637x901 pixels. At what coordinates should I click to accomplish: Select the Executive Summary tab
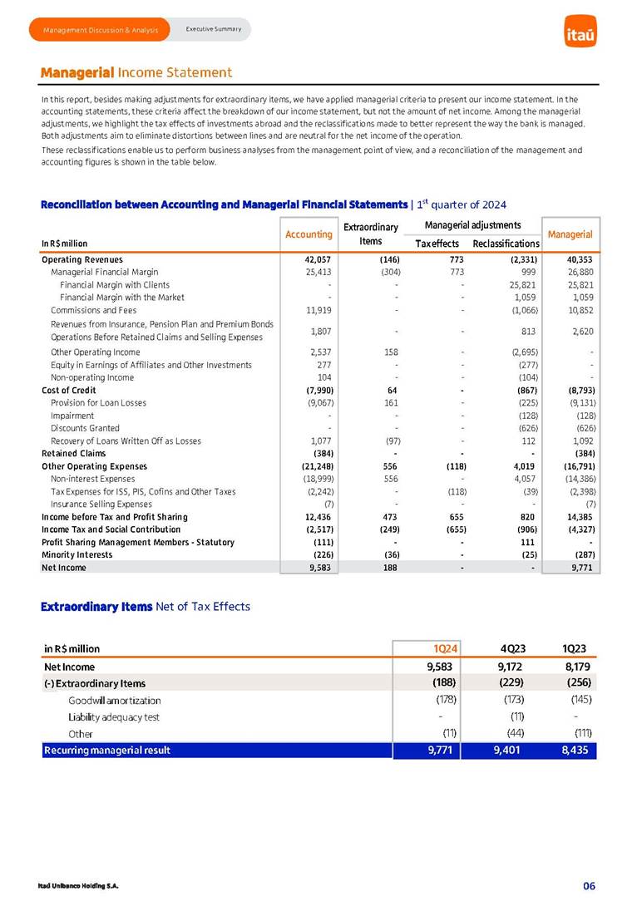tap(213, 29)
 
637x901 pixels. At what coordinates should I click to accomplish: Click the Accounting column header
tap(309, 234)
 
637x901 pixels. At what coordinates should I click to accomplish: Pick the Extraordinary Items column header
tap(370, 234)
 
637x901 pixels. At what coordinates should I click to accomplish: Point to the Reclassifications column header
tap(506, 243)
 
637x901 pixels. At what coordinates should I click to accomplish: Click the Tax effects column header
tap(437, 243)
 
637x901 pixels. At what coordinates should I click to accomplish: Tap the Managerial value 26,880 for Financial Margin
tap(575, 272)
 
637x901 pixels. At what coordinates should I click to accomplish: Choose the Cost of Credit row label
tap(69, 390)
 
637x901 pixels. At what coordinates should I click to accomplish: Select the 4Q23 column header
tap(511, 648)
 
